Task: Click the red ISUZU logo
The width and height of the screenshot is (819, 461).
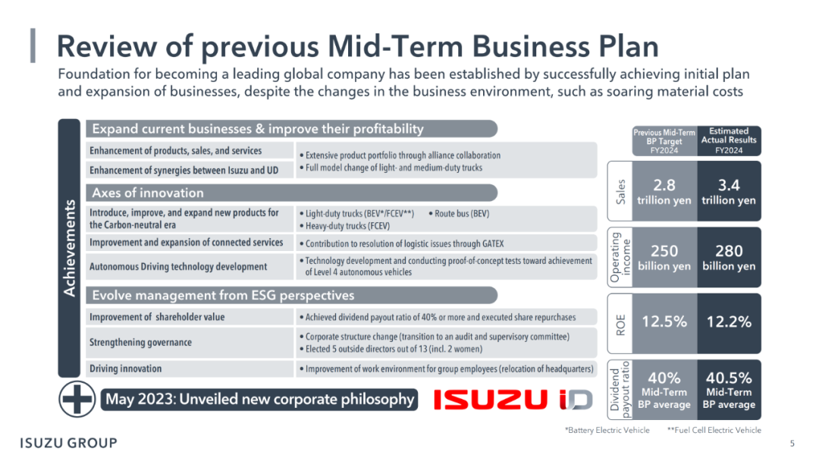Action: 491,400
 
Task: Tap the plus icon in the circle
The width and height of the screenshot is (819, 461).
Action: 77,400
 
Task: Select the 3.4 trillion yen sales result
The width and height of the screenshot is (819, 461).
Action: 729,192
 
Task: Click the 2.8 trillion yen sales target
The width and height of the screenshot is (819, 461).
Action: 664,192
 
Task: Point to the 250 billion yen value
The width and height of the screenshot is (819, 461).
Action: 664,257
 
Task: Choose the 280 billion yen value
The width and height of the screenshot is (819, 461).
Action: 729,257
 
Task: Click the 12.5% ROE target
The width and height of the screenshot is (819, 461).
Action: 664,321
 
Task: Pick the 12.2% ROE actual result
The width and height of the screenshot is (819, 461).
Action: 729,321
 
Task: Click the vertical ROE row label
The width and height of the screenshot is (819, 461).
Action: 620,325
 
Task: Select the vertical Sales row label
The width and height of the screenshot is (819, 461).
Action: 620,192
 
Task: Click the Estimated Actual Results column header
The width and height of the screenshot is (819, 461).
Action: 729,140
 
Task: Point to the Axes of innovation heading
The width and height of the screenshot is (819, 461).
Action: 148,193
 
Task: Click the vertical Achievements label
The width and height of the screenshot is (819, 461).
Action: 69,249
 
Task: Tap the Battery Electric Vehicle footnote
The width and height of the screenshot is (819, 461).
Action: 607,430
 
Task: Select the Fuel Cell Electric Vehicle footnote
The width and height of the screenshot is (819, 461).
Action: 714,430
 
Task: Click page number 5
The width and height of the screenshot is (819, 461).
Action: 792,444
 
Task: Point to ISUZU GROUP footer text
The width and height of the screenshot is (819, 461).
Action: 68,444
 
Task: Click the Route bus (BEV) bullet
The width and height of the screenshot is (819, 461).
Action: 459,214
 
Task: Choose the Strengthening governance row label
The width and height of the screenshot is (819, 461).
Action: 140,343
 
